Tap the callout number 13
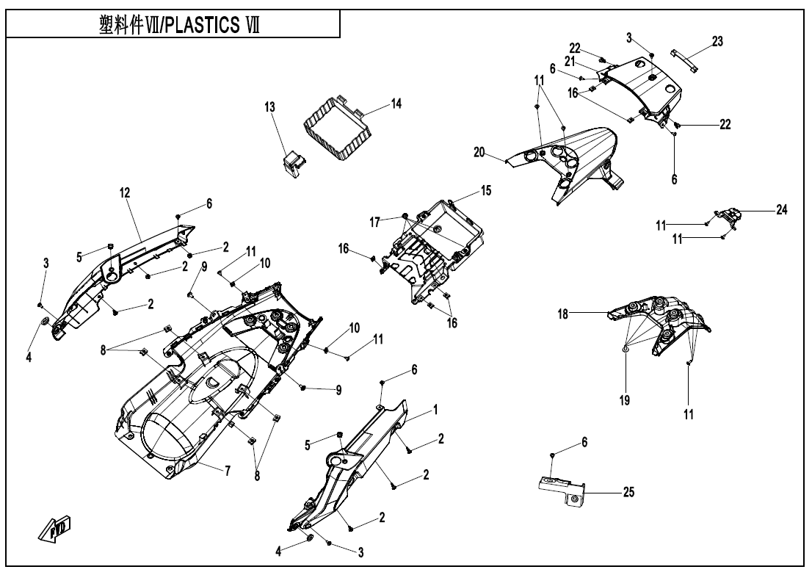tap(269, 107)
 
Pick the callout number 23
tap(717, 42)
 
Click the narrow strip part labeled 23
tap(684, 58)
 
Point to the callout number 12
tap(125, 192)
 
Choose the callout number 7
tap(228, 471)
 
